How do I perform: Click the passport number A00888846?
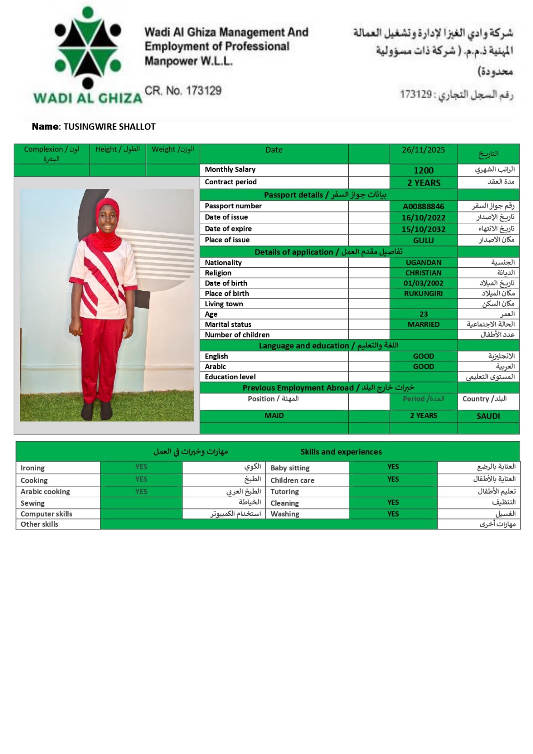423,206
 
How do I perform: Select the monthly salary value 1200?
423,171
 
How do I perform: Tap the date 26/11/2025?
423,150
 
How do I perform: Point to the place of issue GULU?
423,240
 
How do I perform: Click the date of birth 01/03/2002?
423,283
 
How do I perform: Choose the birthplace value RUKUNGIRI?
423,294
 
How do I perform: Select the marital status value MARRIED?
423,324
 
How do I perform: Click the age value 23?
423,314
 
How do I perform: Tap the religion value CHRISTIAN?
423,273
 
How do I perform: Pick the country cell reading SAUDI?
488,416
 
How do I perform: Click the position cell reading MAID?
274,416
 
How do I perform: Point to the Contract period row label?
230,182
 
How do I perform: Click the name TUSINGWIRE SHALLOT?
109,127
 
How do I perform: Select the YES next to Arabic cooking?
141,492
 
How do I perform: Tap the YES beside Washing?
393,514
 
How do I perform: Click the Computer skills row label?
46,514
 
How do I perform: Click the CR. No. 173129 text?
183,90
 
